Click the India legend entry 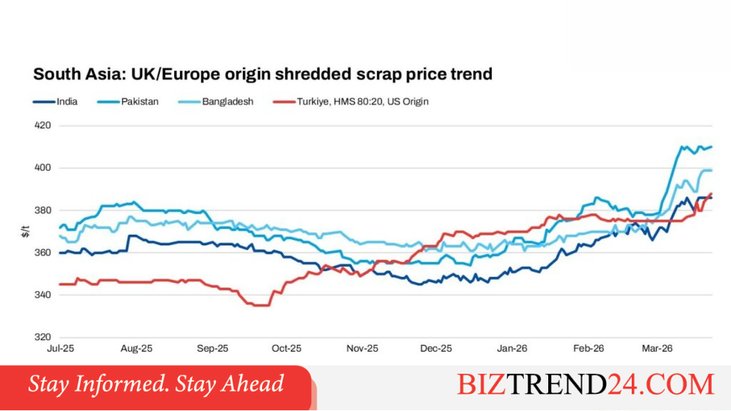[x=55, y=101]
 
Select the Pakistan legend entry [x=128, y=101]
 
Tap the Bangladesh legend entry [x=216, y=101]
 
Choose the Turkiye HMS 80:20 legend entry [x=351, y=101]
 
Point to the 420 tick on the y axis [x=43, y=126]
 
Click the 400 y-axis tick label [x=43, y=168]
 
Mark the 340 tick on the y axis [x=43, y=295]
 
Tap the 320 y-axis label [x=43, y=338]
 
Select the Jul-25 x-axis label [x=61, y=348]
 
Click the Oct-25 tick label [x=287, y=348]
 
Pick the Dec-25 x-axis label [x=436, y=348]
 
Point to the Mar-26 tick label [x=657, y=348]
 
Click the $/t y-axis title [x=26, y=231]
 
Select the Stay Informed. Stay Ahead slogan [x=156, y=384]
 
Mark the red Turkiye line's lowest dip [x=261, y=305]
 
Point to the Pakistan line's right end [x=712, y=147]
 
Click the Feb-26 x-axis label [x=589, y=348]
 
